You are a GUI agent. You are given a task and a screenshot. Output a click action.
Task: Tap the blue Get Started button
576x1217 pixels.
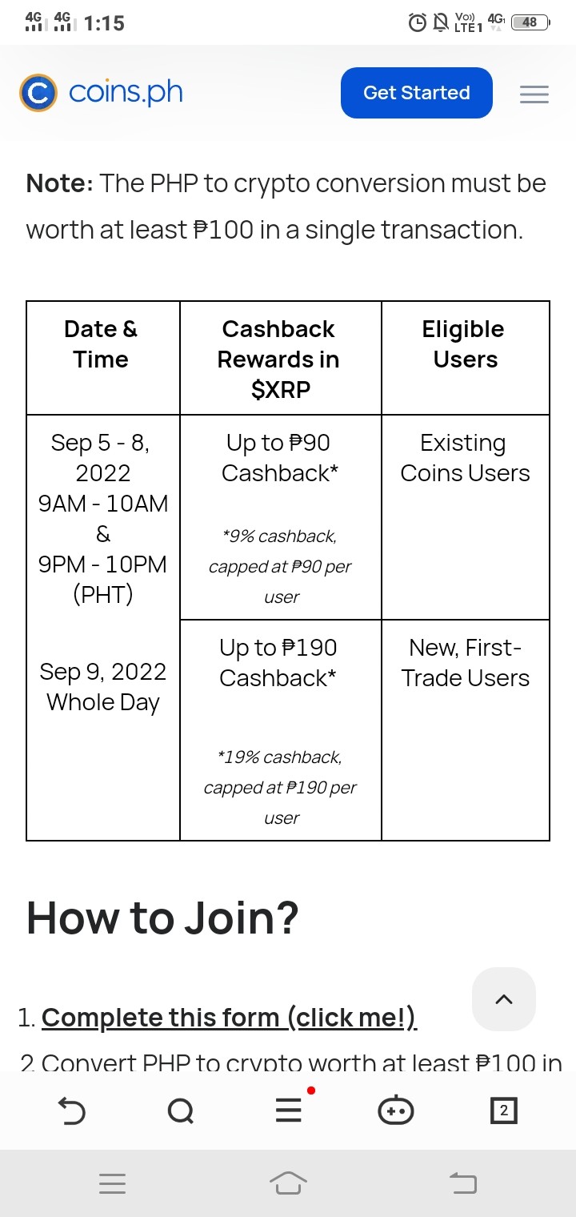416,93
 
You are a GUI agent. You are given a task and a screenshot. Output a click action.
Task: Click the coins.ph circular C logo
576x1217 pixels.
38,93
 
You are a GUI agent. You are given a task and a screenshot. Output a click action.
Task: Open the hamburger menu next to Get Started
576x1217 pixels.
534,94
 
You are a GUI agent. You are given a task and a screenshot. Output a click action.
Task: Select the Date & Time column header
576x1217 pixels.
101,344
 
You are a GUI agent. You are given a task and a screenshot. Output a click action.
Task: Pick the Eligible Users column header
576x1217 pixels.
465,344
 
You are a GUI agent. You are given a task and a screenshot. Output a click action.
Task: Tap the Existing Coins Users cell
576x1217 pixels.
465,458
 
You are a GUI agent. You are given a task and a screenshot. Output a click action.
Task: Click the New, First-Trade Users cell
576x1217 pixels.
465,663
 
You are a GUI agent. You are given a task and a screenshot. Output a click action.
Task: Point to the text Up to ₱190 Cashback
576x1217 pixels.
278,663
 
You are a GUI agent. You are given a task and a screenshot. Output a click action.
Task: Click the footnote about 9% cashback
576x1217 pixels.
280,567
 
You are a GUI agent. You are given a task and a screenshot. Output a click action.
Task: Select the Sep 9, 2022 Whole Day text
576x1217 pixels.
102,687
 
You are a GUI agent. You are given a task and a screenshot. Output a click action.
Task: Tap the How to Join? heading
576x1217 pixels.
162,918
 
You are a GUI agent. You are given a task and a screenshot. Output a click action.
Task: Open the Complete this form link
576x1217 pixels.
229,1018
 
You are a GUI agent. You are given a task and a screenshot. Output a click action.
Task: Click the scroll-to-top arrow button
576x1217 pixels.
504,999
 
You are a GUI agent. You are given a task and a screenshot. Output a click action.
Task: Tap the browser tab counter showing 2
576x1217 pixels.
504,1111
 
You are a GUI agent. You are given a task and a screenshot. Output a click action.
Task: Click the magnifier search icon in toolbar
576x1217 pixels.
181,1111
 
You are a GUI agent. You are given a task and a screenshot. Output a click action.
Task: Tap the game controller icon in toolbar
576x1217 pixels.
396,1110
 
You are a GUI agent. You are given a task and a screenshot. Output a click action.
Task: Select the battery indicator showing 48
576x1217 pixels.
531,22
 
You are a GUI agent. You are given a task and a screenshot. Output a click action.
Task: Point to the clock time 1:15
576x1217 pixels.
104,23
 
